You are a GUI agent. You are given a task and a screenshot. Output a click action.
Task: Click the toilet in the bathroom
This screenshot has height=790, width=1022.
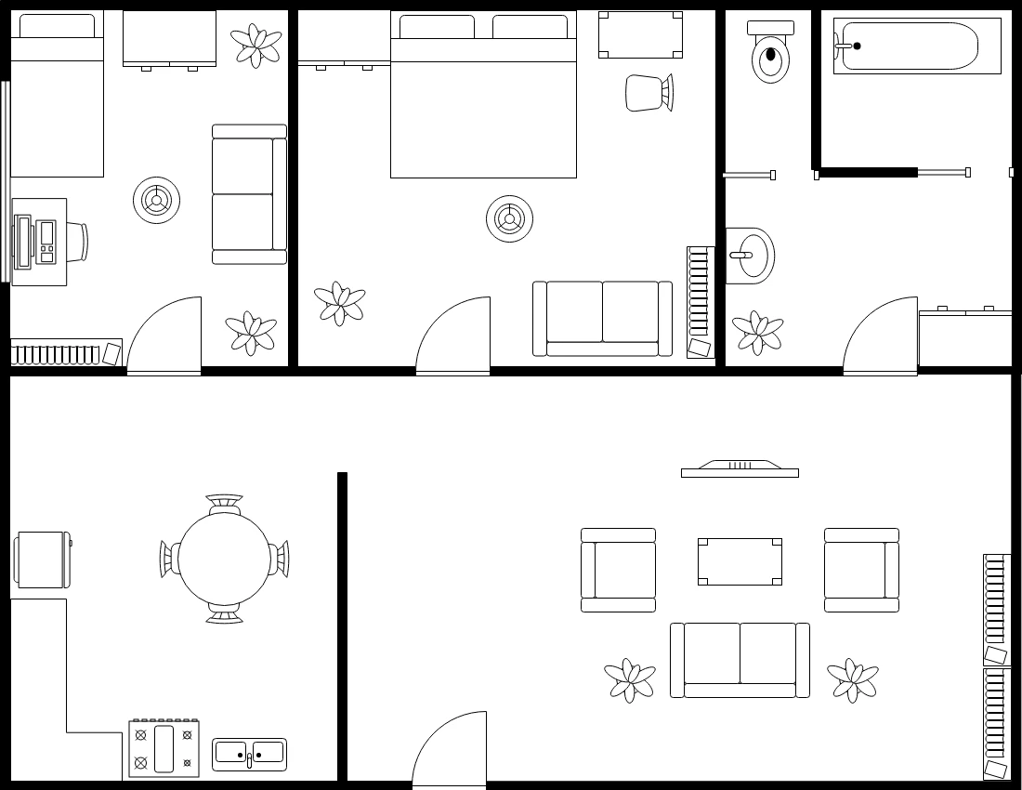770,54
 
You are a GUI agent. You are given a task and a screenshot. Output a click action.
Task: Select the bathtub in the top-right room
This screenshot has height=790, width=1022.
916,46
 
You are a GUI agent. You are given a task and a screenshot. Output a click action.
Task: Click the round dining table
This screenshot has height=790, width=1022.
224,559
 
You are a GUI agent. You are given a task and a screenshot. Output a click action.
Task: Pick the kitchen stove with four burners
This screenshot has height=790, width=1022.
164,748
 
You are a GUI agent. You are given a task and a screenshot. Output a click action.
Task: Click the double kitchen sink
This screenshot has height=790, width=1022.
249,754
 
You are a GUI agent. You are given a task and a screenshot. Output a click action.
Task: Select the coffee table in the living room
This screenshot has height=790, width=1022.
740,561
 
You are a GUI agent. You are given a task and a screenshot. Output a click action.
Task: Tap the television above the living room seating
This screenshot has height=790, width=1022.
740,469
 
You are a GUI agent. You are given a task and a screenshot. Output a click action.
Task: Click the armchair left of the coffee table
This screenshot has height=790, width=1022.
618,571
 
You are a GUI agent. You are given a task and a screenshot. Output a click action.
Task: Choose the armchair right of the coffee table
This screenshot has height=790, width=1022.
861,571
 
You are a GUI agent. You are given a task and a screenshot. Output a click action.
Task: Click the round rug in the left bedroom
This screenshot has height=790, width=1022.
156,200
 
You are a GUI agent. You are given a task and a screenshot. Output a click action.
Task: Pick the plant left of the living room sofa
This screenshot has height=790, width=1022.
630,680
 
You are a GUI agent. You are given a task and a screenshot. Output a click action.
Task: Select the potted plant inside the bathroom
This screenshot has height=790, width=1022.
757,332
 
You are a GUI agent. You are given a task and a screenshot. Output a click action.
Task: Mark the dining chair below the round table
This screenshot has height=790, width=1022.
224,612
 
